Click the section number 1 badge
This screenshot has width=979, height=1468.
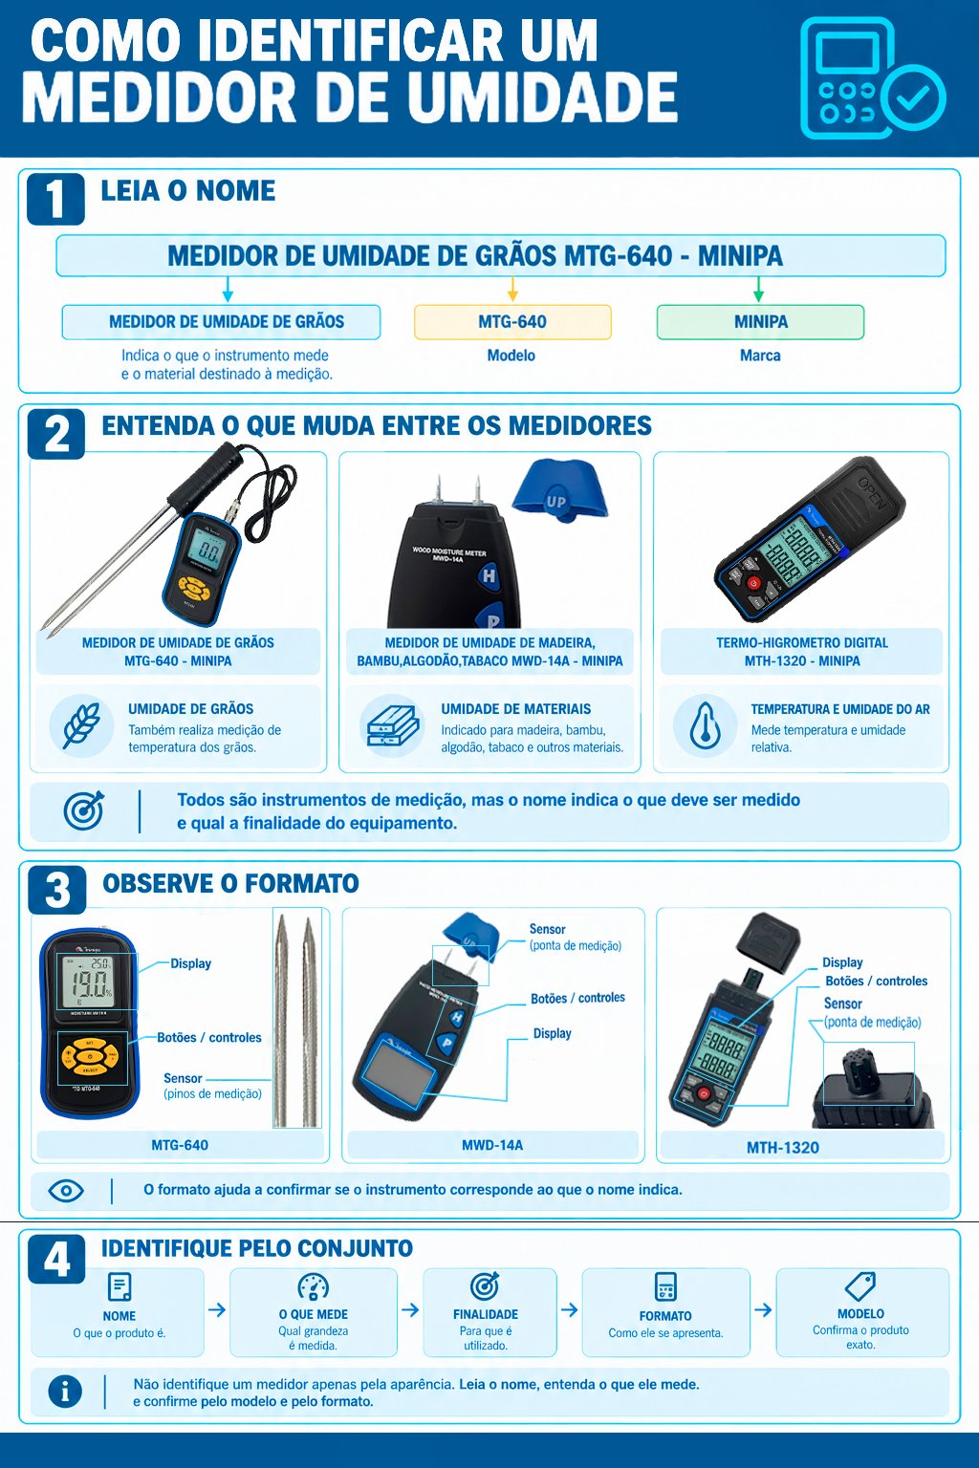(x=55, y=199)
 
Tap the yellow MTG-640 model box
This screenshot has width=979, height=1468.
(x=512, y=322)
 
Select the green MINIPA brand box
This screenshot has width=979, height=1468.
(x=761, y=322)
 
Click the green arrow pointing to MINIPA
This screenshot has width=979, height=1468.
(x=759, y=289)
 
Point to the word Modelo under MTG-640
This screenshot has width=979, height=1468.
(x=511, y=356)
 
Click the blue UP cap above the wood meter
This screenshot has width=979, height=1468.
(x=559, y=489)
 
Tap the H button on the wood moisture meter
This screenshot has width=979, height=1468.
(x=489, y=576)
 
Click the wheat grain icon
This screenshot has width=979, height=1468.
(x=81, y=725)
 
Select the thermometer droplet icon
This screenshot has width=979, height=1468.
(x=705, y=725)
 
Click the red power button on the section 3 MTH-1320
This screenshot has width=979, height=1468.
(x=704, y=1093)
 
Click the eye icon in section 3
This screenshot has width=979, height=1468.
(x=66, y=1190)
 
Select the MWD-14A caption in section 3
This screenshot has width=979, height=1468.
(x=492, y=1145)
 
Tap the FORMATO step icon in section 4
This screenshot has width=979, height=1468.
(x=665, y=1286)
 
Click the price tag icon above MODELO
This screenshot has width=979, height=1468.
(x=860, y=1285)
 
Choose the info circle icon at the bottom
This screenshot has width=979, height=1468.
(x=65, y=1392)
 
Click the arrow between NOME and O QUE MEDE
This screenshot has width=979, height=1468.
(x=217, y=1309)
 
